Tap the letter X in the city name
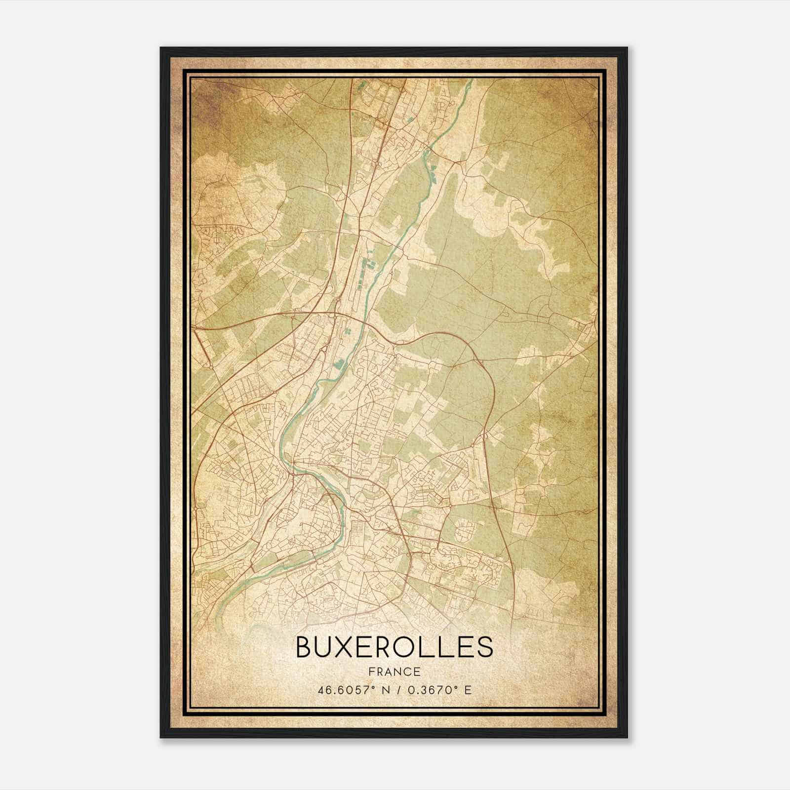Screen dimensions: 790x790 (x=355, y=647)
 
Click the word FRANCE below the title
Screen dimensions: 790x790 (x=394, y=671)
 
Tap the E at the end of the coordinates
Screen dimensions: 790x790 (x=467, y=689)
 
